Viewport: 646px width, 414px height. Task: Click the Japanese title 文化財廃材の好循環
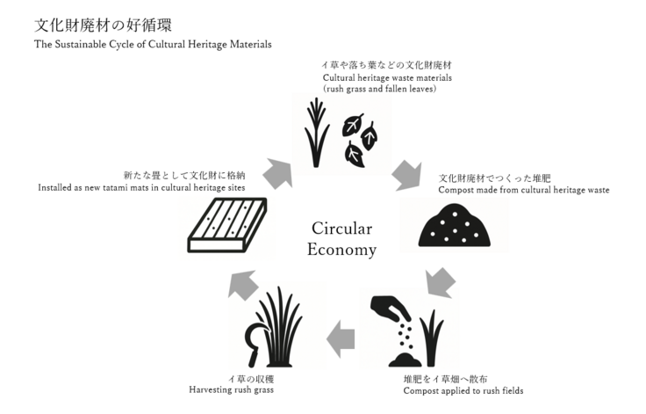[97, 24]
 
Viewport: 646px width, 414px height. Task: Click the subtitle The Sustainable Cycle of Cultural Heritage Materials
[153, 44]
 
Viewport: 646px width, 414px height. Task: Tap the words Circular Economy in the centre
[341, 239]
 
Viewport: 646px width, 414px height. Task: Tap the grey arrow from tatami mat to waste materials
[277, 172]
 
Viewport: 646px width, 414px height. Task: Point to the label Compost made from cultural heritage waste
[523, 190]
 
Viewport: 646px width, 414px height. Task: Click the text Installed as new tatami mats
[141, 187]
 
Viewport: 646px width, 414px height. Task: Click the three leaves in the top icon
[360, 139]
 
